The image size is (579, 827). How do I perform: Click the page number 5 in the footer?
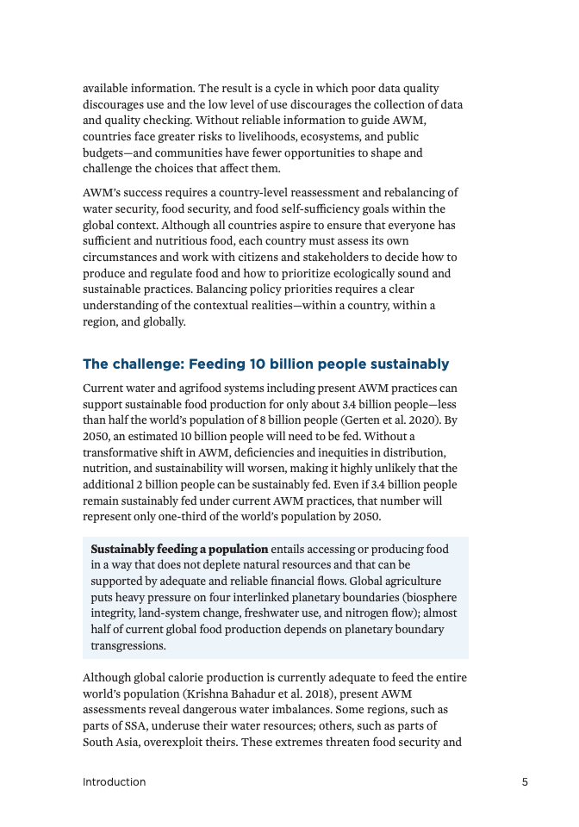(x=525, y=782)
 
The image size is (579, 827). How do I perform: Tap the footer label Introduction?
(x=114, y=782)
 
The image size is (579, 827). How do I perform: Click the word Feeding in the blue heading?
(x=219, y=364)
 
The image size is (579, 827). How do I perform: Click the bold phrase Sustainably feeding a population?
(x=179, y=549)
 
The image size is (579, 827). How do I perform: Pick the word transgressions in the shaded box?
(x=128, y=645)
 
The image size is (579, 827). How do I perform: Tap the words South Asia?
(x=110, y=743)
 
